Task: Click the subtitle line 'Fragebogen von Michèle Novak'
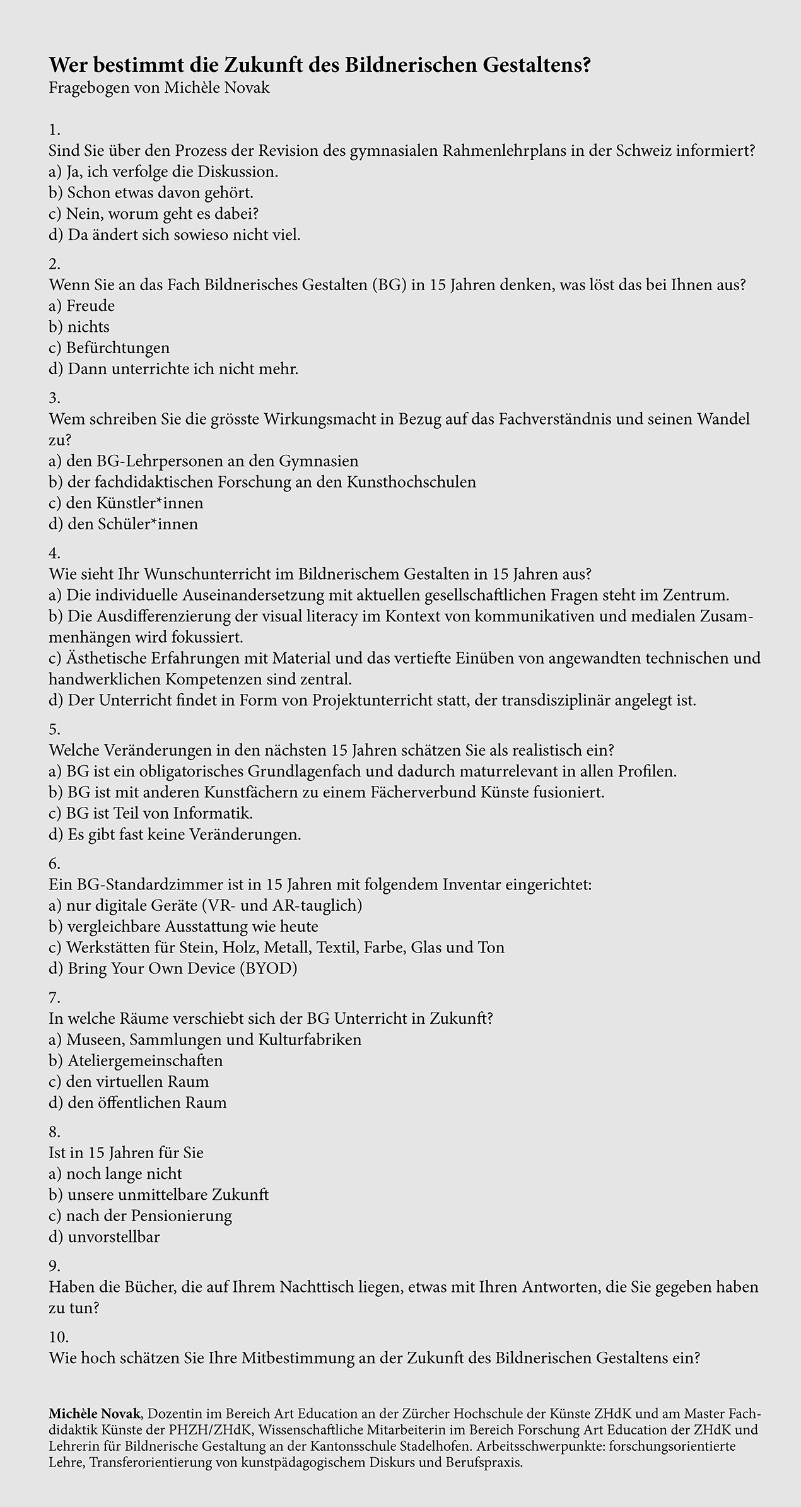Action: coord(159,88)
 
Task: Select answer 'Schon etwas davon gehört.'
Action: coord(151,192)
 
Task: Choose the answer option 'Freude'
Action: coord(82,306)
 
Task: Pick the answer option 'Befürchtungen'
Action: coord(109,348)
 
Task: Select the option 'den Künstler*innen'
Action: coord(126,503)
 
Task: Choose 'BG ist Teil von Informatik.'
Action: coord(151,813)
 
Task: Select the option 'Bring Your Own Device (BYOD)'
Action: coord(173,968)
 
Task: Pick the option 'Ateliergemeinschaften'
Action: coord(136,1060)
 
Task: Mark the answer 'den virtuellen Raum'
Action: coord(129,1081)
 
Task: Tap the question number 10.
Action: coord(59,1337)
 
